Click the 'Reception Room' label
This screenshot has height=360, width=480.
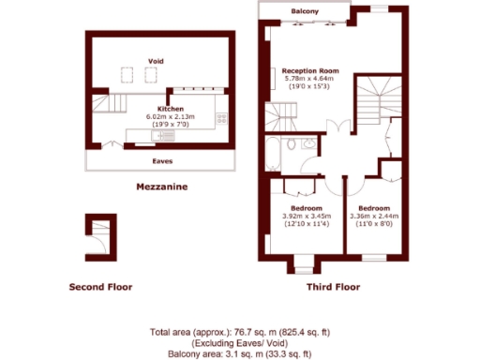pos(310,70)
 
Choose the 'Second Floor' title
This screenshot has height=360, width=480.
pos(100,287)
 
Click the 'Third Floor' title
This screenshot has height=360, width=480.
pos(333,287)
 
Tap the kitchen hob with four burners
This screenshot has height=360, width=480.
pos(222,119)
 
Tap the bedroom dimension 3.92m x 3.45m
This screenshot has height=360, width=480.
pos(307,216)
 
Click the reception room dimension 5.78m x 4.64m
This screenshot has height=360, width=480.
pos(310,79)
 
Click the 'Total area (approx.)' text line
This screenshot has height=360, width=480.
pos(240,332)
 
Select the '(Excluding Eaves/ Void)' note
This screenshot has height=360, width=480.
pos(240,342)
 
